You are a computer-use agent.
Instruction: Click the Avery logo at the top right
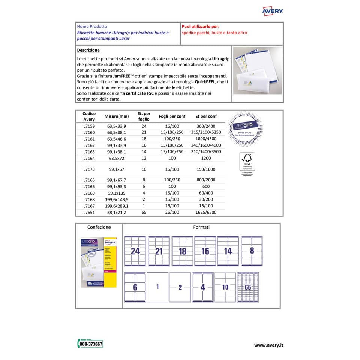[x=272, y=11]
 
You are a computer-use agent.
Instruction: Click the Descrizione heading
[x=88, y=50]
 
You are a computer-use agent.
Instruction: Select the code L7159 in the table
[x=89, y=126]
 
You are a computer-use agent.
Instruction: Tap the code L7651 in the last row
[x=89, y=212]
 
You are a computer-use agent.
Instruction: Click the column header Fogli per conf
[x=172, y=116]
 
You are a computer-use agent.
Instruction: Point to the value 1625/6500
[x=206, y=212]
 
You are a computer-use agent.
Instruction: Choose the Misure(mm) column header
[x=117, y=117]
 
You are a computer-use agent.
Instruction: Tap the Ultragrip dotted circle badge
[x=246, y=129]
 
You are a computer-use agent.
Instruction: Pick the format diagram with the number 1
[x=157, y=287]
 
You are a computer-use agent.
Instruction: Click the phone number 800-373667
[x=90, y=344]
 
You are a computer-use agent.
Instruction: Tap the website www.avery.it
[x=268, y=345]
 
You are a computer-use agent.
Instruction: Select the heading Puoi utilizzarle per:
[x=200, y=27]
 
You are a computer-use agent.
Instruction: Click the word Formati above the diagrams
[x=201, y=227]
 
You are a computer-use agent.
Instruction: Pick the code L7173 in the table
[x=89, y=169]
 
